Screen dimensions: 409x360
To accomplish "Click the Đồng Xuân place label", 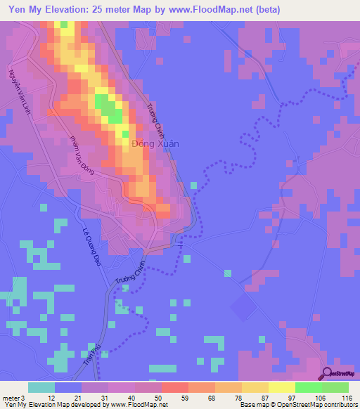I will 155,143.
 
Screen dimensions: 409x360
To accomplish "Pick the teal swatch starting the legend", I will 41,387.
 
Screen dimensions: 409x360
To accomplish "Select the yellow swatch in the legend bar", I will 281,387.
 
